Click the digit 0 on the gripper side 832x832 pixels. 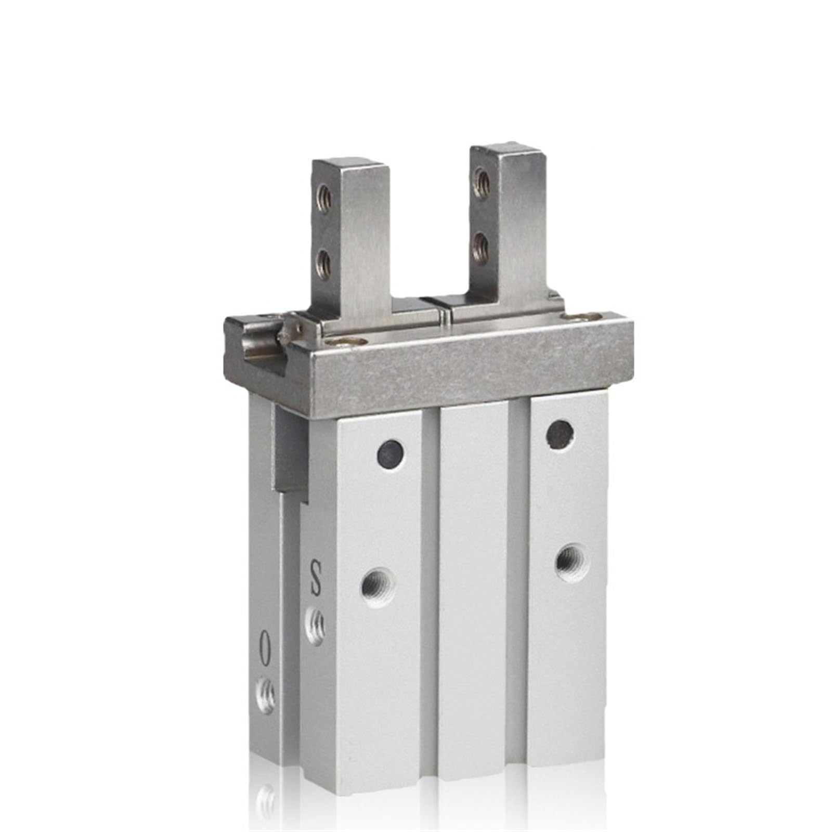coord(266,648)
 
